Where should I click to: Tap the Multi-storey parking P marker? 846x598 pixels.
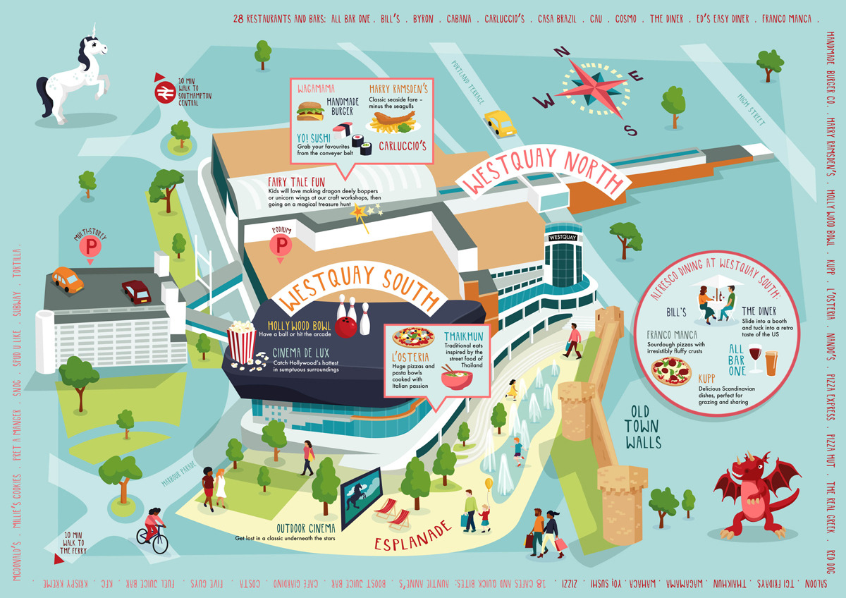tap(90, 248)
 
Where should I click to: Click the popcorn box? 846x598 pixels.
tap(242, 343)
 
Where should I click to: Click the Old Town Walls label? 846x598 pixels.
tap(641, 426)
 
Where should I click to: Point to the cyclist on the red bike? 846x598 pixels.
tap(154, 530)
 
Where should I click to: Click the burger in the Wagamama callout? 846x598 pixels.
tap(309, 111)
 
